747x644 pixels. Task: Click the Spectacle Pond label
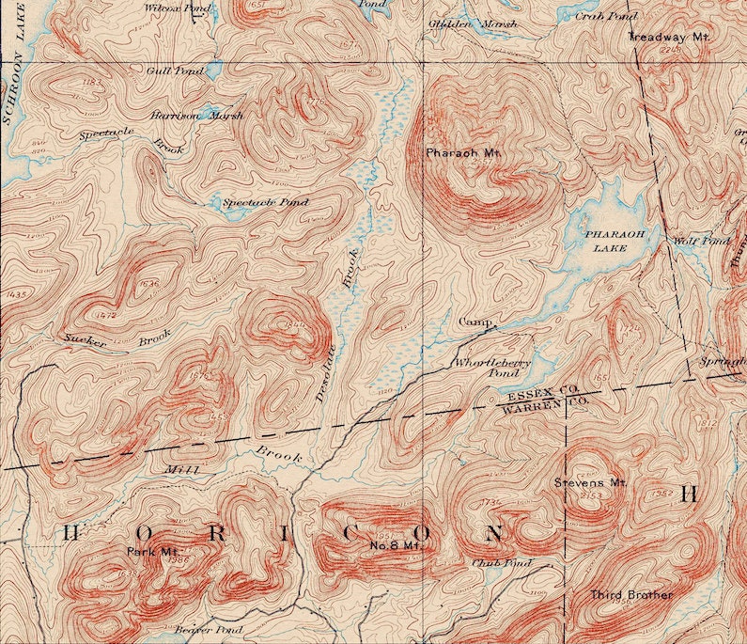click(265, 202)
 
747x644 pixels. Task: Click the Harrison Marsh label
click(196, 116)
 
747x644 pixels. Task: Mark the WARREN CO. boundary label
click(545, 404)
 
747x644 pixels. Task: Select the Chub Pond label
click(502, 563)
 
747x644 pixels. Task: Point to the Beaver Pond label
click(209, 629)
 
